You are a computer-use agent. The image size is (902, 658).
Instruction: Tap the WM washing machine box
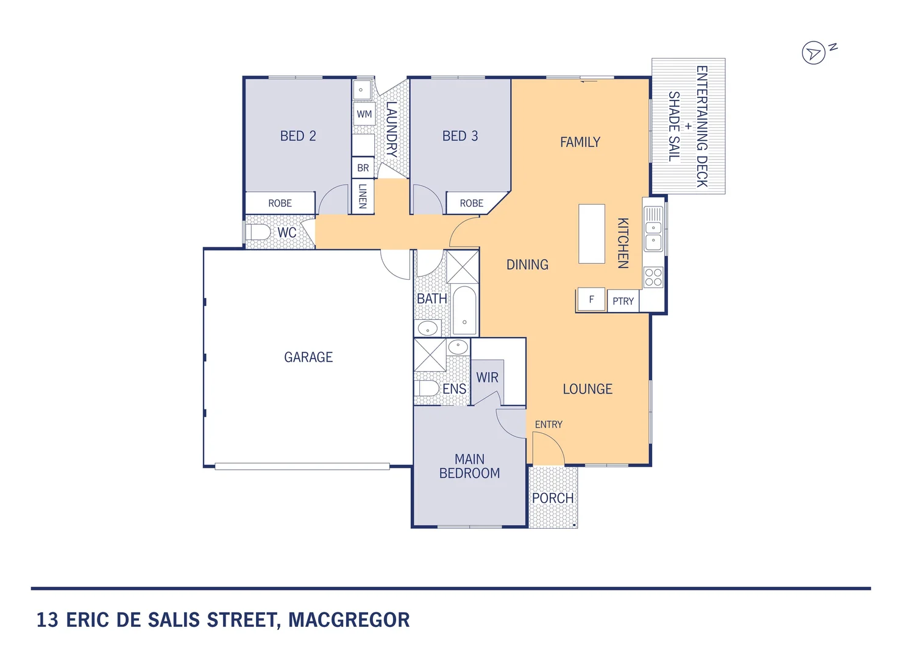[x=364, y=114]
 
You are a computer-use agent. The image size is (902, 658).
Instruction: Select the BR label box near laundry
[x=363, y=168]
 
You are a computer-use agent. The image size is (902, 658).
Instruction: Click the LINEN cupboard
[x=363, y=196]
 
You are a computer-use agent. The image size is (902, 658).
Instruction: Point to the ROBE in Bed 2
[x=280, y=203]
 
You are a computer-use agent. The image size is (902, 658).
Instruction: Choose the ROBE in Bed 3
[x=471, y=203]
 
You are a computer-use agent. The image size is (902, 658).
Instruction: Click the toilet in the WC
[x=258, y=233]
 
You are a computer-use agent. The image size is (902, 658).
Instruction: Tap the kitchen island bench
[x=591, y=233]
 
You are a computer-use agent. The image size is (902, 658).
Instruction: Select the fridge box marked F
[x=591, y=300]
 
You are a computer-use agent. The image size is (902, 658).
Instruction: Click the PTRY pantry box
[x=623, y=301]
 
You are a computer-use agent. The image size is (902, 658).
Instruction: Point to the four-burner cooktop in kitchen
[x=653, y=277]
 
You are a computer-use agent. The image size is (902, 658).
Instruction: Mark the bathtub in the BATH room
[x=464, y=311]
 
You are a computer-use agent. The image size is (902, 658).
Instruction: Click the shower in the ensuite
[x=430, y=355]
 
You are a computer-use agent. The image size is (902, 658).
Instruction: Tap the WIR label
[x=487, y=378]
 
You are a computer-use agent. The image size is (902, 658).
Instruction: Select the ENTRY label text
[x=549, y=425]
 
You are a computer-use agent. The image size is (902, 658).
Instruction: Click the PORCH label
[x=553, y=498]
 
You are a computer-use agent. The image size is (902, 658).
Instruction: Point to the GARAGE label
[x=308, y=357]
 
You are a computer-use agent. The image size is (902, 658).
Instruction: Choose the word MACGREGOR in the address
[x=349, y=620]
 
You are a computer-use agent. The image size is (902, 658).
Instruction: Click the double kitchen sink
[x=653, y=235]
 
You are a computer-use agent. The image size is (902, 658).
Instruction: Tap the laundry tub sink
[x=362, y=90]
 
